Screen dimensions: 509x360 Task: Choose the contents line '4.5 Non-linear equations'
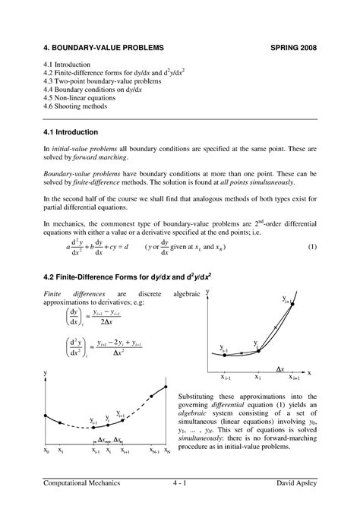tap(81, 97)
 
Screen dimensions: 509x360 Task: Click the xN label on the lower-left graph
tap(167, 451)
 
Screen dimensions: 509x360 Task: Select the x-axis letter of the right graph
tap(310, 373)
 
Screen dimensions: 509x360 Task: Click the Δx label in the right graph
tap(279, 369)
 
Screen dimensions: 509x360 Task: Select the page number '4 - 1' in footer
tap(179, 484)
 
